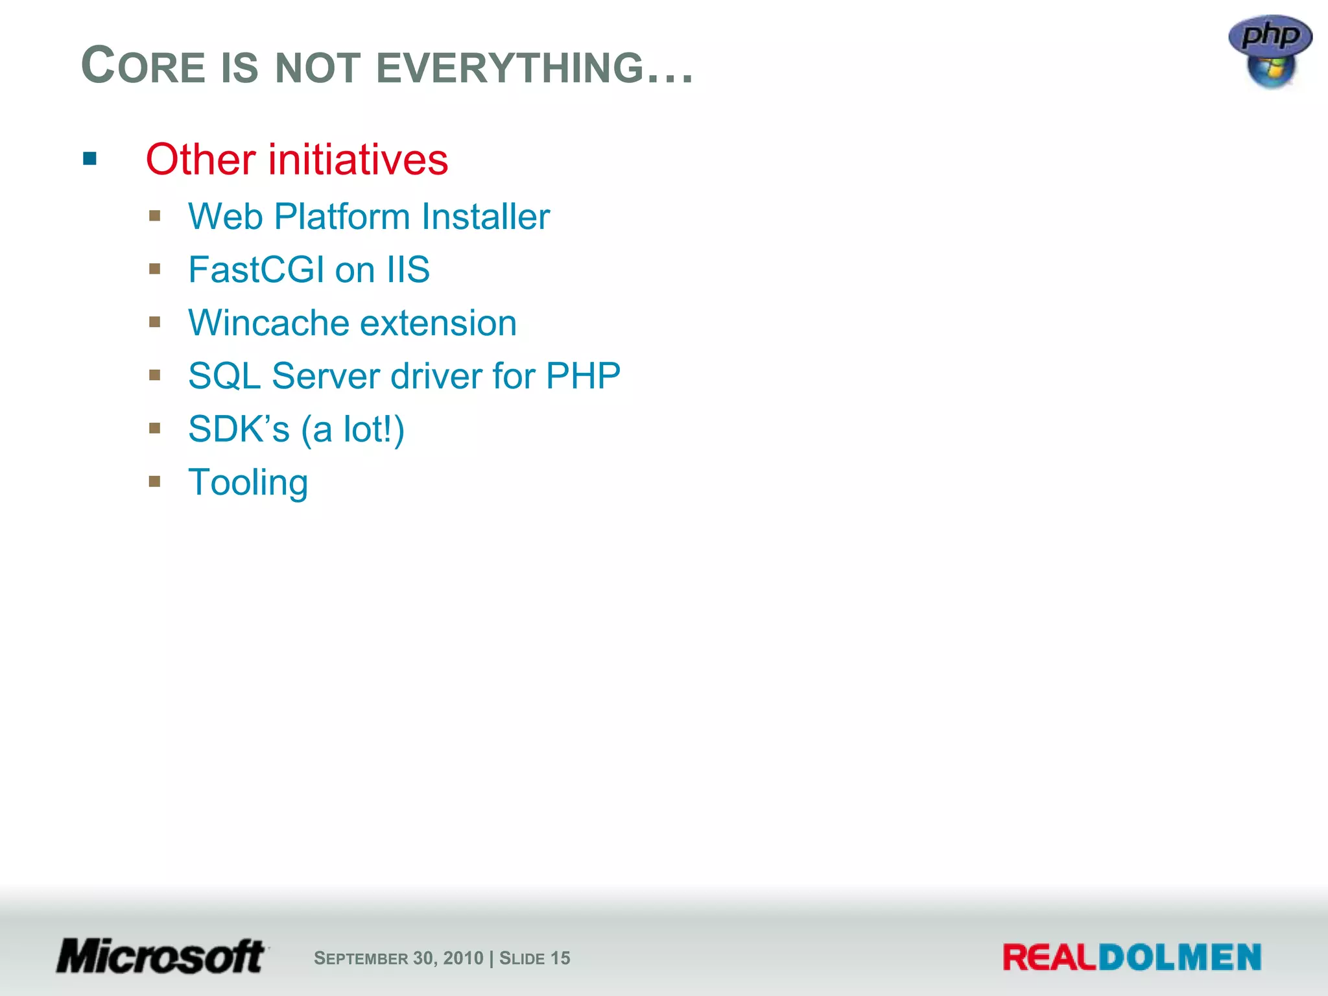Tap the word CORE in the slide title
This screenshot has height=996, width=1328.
[143, 66]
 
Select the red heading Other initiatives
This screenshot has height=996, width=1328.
[297, 160]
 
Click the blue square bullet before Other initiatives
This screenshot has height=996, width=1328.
[90, 159]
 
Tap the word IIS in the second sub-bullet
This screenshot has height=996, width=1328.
[408, 270]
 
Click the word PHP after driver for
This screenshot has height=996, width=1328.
[583, 376]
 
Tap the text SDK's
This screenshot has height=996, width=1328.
[238, 429]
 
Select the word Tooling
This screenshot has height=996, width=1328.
[248, 483]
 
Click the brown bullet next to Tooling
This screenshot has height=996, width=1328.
[154, 481]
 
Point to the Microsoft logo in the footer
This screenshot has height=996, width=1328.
[161, 956]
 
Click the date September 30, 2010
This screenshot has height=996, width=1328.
[398, 958]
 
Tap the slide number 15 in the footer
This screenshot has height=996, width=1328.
[560, 958]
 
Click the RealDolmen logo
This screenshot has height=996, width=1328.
[1132, 958]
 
